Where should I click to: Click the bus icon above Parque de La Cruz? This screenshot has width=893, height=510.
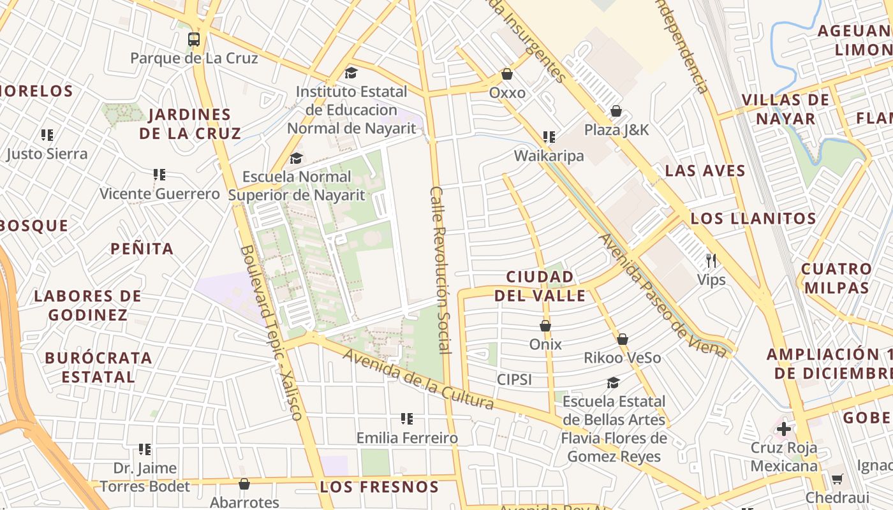tap(194, 40)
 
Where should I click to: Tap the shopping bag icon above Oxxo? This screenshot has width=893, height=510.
tap(507, 75)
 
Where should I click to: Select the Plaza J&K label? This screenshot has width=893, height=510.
tap(616, 130)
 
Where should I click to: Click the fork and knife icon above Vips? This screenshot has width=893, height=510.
tap(711, 261)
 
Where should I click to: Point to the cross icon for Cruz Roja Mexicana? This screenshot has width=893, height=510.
tap(784, 429)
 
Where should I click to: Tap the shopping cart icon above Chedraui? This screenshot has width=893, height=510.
tap(837, 479)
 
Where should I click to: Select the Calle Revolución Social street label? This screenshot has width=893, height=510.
tap(440, 270)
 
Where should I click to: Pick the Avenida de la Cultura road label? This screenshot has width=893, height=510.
tap(418, 379)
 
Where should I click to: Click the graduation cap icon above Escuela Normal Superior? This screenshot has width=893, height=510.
tap(296, 158)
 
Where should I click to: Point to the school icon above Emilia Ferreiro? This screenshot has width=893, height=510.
tap(407, 419)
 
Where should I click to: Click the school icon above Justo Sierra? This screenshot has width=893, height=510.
tap(47, 135)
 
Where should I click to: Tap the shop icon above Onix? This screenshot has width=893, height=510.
tap(545, 326)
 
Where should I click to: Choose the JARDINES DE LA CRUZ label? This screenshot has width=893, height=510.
tap(190, 124)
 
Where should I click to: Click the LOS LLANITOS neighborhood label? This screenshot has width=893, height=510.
tap(753, 219)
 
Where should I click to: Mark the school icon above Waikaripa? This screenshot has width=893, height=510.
tap(549, 137)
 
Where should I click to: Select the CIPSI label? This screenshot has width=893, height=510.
tap(514, 380)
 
